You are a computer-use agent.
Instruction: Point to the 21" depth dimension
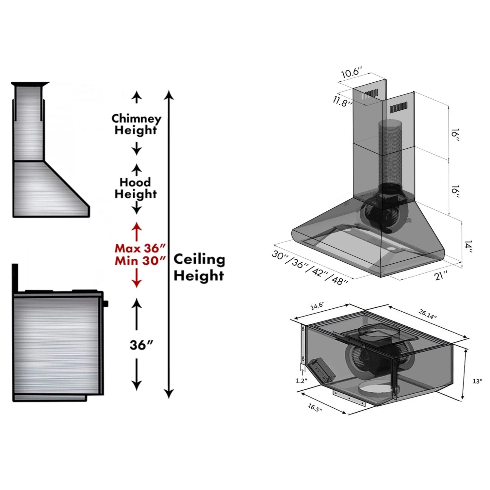click(441, 275)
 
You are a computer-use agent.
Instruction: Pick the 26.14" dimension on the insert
click(427, 314)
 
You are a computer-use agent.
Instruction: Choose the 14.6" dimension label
click(317, 306)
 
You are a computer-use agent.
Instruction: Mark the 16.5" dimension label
click(315, 407)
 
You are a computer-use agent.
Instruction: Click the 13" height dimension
click(477, 381)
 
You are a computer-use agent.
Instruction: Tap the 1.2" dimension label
click(301, 381)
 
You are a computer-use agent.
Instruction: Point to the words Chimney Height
click(136, 124)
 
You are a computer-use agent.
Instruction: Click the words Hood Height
click(136, 188)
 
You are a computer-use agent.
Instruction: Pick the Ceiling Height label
click(199, 267)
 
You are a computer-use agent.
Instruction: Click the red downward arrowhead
click(137, 283)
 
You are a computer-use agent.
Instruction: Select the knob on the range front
click(106, 304)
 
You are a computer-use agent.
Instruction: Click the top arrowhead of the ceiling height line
click(169, 95)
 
